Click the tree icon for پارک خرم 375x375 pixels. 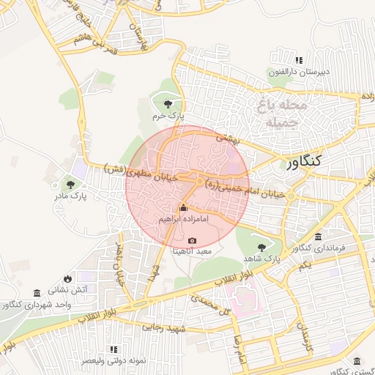[x=169, y=103]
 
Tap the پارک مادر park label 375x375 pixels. [x=70, y=196]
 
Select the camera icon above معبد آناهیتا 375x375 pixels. [x=192, y=240]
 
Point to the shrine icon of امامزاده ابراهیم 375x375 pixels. [x=183, y=209]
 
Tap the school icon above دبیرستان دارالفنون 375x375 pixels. [x=298, y=60]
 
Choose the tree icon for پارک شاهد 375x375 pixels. [x=262, y=248]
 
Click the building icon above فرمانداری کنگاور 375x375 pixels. [x=318, y=237]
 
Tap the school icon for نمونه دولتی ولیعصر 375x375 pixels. [x=113, y=349]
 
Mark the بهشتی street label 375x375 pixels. [x=227, y=138]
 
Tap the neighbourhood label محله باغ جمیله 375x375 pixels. [x=277, y=114]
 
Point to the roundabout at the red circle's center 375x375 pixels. [x=199, y=181]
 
